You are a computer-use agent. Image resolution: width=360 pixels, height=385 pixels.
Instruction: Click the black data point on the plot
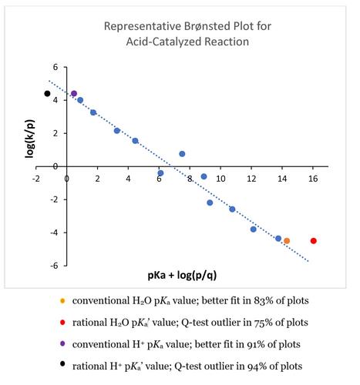pyautogui.click(x=47, y=94)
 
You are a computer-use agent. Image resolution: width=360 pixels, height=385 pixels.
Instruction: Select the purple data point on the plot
pyautogui.click(x=74, y=94)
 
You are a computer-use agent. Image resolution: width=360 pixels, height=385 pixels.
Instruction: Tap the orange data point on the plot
pyautogui.click(x=287, y=241)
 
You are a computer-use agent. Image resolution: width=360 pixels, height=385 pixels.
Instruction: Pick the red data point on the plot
pyautogui.click(x=314, y=241)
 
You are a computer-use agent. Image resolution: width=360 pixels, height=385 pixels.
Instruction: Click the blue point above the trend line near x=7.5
pyautogui.click(x=182, y=154)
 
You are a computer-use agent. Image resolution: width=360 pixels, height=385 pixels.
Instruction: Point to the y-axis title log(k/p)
pyautogui.click(x=30, y=139)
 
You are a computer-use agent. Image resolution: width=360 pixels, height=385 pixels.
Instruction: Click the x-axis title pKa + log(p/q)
pyautogui.click(x=182, y=275)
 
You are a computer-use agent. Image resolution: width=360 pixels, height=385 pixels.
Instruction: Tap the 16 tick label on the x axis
pyautogui.click(x=313, y=179)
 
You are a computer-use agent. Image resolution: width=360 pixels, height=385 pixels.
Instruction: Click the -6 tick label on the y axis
pyautogui.click(x=54, y=266)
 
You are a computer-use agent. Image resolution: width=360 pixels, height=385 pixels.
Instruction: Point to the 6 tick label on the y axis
pyautogui.click(x=56, y=67)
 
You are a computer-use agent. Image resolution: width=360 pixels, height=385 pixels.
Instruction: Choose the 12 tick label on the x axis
pyautogui.click(x=251, y=179)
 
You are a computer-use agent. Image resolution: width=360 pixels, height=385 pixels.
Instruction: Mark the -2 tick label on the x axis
pyautogui.click(x=36, y=179)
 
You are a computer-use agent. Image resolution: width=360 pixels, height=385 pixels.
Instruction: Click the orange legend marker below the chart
pyautogui.click(x=62, y=300)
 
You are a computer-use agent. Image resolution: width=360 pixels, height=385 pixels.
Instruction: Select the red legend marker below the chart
pyautogui.click(x=62, y=323)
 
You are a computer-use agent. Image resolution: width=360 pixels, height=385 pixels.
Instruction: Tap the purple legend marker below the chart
pyautogui.click(x=62, y=344)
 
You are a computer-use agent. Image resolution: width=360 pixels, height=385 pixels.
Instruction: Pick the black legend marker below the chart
pyautogui.click(x=62, y=363)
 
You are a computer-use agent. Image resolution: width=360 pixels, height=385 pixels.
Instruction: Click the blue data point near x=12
pyautogui.click(x=254, y=229)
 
